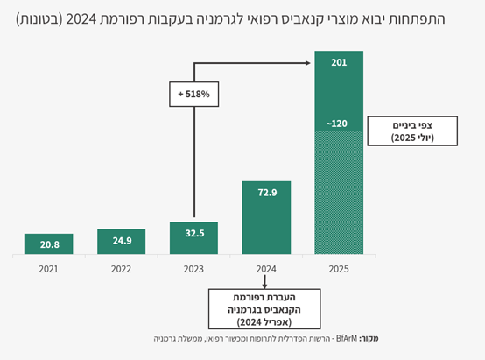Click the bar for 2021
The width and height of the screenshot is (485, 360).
[48, 244]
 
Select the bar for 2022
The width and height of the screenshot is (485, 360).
[121, 242]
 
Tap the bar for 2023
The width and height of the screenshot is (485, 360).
[193, 238]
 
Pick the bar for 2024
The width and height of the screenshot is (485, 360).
[266, 218]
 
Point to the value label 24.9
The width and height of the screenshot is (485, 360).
[121, 239]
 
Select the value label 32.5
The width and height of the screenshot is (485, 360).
[193, 234]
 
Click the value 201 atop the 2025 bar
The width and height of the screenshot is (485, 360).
[339, 63]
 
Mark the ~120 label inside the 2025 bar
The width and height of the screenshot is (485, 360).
[339, 124]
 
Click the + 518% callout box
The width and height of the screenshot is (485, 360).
[194, 92]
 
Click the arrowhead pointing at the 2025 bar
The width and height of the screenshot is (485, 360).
[308, 62]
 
